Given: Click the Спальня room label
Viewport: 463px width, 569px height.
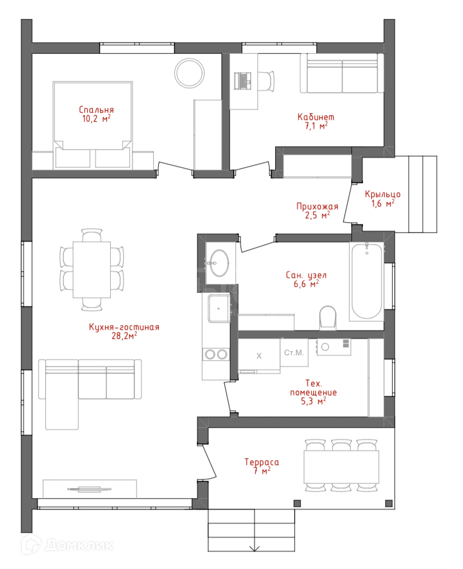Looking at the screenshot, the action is coord(96,109).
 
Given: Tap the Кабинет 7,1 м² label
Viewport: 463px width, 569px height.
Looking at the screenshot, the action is coord(316,122).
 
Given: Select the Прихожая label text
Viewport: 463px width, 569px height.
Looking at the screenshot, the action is coord(317,207).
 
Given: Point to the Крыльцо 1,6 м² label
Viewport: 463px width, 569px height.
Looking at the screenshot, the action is coord(382,199).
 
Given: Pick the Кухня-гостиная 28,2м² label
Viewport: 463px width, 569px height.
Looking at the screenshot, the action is coord(124,332).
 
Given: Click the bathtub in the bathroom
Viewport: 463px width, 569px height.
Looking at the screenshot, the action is coord(367,281).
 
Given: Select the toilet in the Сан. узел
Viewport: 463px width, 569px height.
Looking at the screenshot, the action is coord(328,318).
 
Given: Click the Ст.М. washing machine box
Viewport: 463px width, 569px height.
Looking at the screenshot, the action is coord(294,353).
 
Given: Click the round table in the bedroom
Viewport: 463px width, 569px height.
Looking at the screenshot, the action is coord(190,73).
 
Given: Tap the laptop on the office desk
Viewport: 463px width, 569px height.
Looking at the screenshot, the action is coord(243,80).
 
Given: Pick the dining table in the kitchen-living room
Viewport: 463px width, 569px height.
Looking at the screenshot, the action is coord(92,270).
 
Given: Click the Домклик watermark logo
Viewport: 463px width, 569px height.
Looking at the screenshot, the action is coord(68,544).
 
